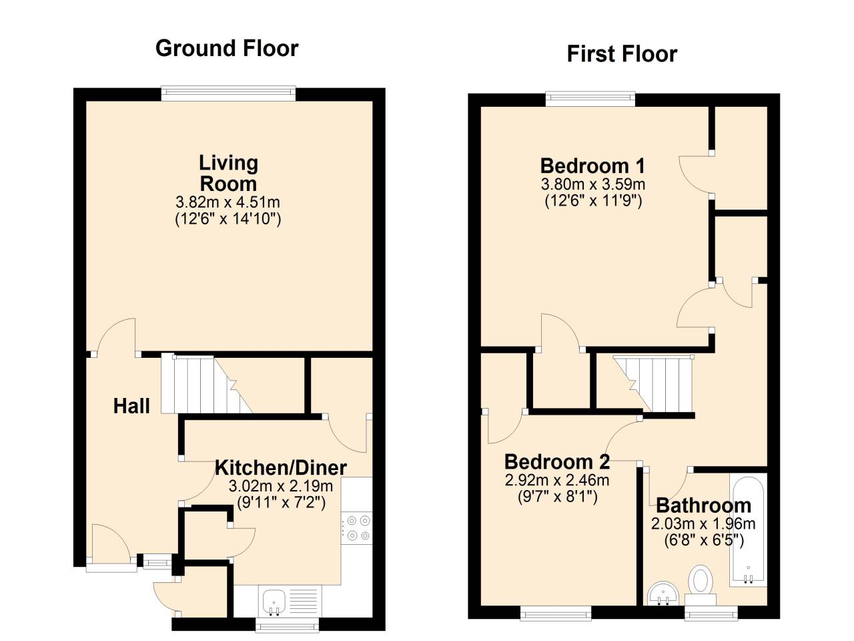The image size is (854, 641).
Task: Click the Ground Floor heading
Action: [227, 49]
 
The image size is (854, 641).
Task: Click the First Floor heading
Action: [622, 54]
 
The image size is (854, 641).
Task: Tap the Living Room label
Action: [228, 173]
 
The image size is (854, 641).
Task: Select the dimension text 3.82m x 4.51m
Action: [228, 202]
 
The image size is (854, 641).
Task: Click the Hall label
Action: [131, 406]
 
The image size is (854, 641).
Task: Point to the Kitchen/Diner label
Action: [280, 467]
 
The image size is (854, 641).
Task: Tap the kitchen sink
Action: [274, 602]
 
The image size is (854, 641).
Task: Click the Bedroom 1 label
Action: [593, 166]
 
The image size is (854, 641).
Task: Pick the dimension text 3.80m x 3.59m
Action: [593, 184]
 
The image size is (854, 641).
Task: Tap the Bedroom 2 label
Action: [557, 462]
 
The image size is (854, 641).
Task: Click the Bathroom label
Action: [703, 505]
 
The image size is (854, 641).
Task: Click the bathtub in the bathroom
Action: [749, 531]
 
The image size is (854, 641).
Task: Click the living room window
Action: [228, 94]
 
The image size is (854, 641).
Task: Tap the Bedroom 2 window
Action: [556, 612]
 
